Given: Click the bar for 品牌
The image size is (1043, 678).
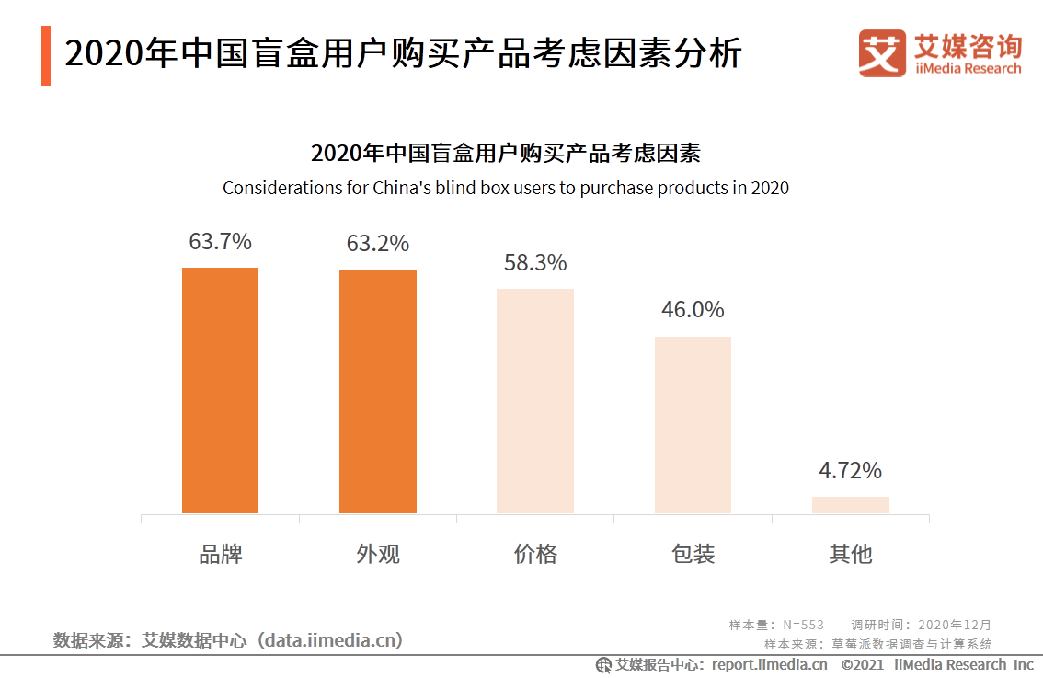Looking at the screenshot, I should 220,390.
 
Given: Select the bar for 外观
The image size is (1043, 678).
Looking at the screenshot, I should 377,391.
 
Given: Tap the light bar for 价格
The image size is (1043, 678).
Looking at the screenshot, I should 535,401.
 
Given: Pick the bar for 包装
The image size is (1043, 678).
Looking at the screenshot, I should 693,425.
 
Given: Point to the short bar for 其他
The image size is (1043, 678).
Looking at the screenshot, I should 850,505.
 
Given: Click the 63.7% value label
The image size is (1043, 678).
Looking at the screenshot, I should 220,242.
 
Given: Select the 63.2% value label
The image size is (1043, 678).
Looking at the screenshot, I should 377,244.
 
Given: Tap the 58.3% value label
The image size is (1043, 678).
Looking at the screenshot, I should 535,263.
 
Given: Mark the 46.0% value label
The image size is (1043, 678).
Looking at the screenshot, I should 693,310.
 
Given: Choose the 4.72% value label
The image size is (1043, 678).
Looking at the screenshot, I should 850,471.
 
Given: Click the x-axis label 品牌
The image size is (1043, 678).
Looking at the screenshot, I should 220,554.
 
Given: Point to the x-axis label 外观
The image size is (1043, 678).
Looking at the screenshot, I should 377,554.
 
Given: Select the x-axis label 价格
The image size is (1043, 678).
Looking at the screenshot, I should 535,554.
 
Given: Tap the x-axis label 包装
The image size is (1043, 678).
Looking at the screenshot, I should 693,554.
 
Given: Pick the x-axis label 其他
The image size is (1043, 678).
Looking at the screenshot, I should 850,554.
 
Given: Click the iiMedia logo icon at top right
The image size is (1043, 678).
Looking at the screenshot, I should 882,53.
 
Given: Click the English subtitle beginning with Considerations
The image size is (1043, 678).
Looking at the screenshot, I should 506,188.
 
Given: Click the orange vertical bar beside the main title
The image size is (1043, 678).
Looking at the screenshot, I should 46,55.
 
